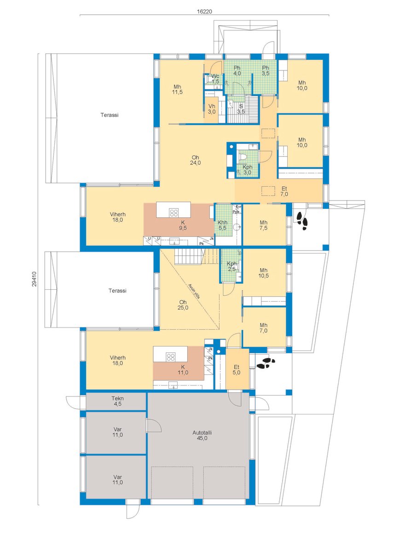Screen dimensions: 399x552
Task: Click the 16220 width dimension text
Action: tap(204, 11)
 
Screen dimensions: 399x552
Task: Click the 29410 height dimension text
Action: tap(35, 279)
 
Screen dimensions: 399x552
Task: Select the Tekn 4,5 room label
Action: tap(118, 401)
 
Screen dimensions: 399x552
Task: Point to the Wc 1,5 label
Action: tap(215, 78)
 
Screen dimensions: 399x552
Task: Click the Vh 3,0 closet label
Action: tap(212, 109)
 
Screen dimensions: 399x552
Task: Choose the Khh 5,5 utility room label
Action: tap(223, 225)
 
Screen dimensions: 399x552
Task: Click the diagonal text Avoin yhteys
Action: tap(194, 291)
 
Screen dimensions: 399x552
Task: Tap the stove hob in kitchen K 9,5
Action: tap(173, 213)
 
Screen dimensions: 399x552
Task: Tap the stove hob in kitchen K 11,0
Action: tap(171, 357)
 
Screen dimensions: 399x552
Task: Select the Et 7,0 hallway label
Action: tap(284, 191)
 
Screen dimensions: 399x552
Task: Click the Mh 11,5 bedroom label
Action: tap(177, 89)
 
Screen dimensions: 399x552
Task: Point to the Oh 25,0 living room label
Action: tap(183, 305)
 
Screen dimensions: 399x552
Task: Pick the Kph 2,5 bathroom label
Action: tap(231, 266)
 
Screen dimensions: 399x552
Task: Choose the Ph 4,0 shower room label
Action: tap(237, 70)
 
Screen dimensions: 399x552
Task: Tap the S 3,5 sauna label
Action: tap(241, 109)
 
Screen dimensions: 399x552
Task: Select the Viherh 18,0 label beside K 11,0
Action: tap(118, 360)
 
